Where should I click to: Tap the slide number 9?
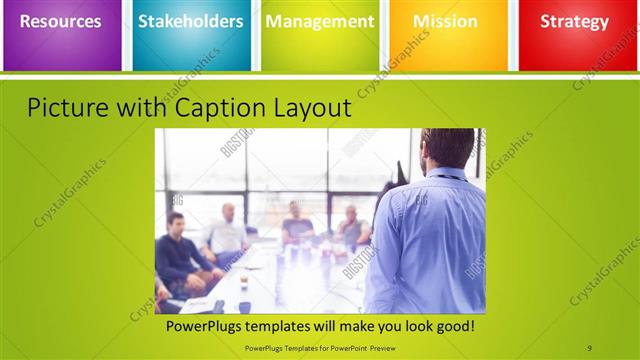point(589,346)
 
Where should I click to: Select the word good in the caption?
point(454,326)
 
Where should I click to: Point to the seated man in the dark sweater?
point(179,250)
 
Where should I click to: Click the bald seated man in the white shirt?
point(227,232)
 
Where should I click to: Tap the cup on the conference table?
point(243,283)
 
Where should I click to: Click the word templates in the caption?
point(288,326)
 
